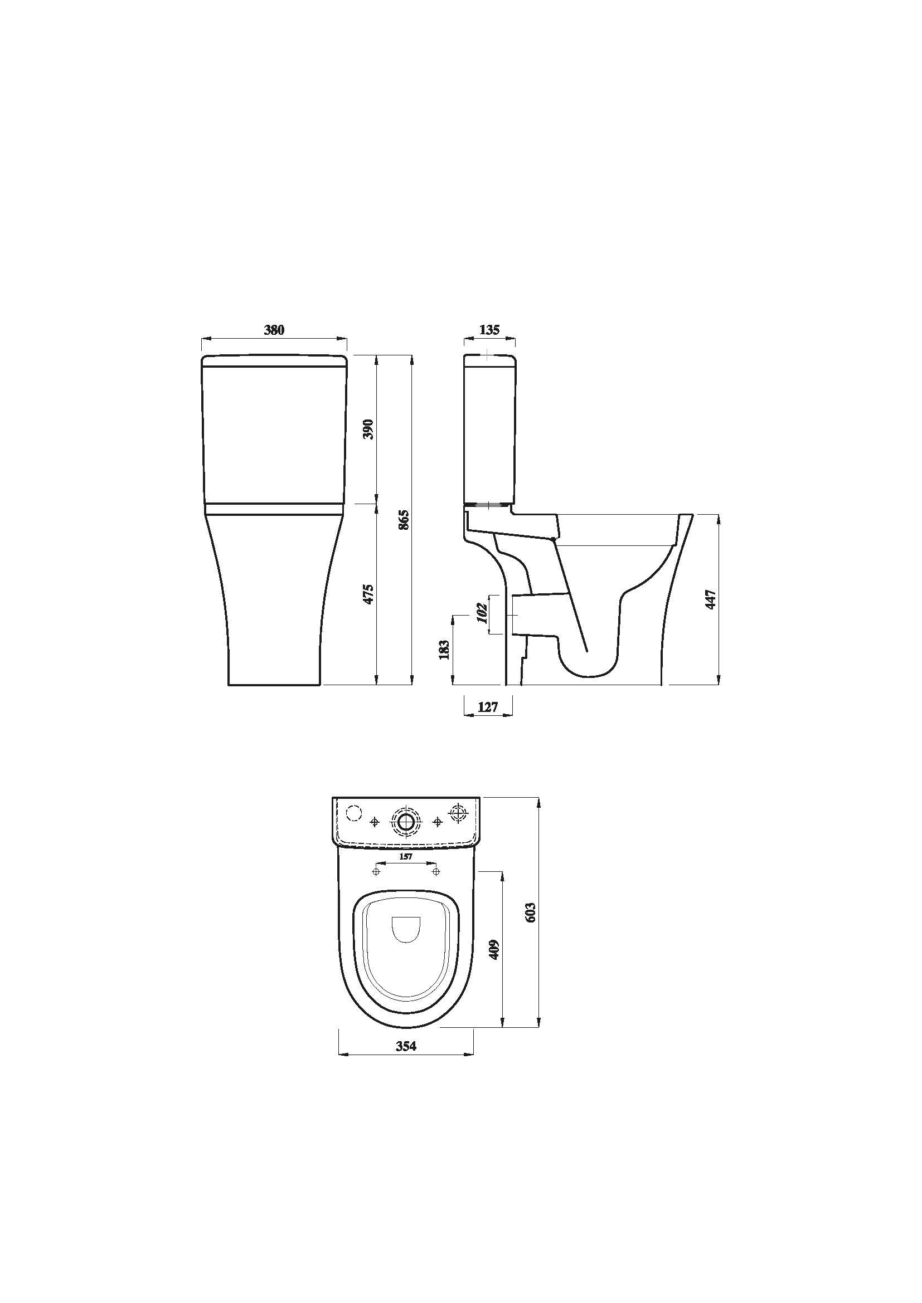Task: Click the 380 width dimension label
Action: [274, 330]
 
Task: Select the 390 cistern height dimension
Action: [368, 429]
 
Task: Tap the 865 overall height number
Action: [404, 519]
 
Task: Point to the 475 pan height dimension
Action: [368, 593]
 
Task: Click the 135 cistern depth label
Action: [489, 330]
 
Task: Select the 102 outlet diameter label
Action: [483, 613]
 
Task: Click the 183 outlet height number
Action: [444, 649]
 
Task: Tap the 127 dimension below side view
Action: [488, 707]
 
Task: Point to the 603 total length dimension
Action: [530, 912]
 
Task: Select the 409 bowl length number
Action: [494, 949]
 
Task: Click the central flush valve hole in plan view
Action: [406, 822]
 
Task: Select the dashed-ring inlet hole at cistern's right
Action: [458, 814]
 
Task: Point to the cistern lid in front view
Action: [274, 361]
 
